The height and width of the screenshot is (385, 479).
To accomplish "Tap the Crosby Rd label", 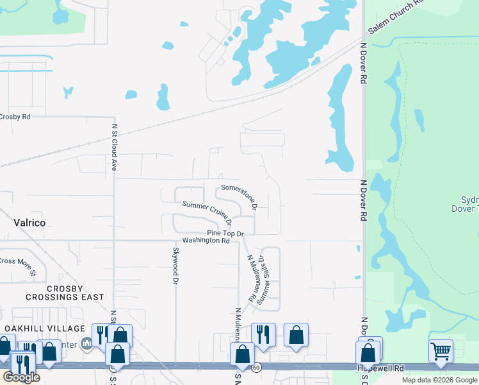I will [15, 117].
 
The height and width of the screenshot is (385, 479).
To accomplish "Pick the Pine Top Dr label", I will [225, 233].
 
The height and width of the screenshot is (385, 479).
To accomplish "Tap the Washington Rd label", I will [206, 241].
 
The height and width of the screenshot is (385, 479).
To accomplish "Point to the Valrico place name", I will [29, 223].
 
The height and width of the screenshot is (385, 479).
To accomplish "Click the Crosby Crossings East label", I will [65, 293].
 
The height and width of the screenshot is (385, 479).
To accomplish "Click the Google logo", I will [21, 377].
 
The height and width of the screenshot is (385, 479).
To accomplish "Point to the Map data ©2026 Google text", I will [439, 380].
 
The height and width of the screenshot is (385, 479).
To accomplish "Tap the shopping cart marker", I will [441, 351].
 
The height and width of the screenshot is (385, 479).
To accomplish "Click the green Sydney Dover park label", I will [469, 204].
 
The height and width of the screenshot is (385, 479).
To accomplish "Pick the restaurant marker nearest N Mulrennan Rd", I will [263, 334].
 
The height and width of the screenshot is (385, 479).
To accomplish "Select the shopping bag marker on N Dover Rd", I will [368, 352].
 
